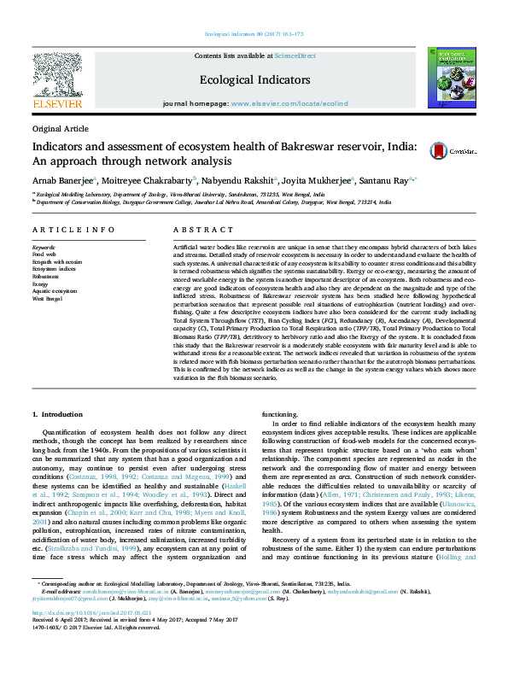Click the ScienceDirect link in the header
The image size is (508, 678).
tap(295, 56)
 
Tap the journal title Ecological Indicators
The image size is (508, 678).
tap(254, 79)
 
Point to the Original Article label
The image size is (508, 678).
tap(60, 128)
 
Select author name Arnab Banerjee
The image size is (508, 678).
tap(64, 180)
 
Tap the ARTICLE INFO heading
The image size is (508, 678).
tap(73, 231)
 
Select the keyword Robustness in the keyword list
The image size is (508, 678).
tap(47, 278)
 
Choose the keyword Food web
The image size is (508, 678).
tap(44, 254)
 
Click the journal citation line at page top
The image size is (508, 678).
tap(254, 35)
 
